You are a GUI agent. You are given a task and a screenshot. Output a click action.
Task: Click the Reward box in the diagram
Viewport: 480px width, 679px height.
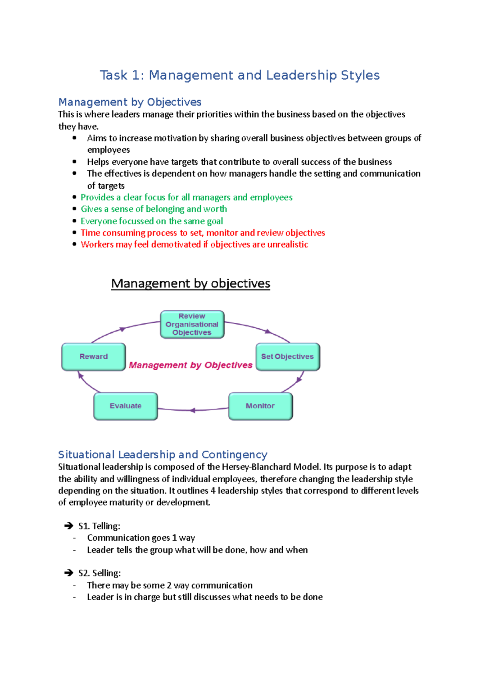[x=93, y=356]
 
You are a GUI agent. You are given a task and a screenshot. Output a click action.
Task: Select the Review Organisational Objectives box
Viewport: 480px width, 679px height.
[x=192, y=324]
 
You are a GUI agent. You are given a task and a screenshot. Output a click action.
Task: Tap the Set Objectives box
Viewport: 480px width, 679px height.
[x=288, y=356]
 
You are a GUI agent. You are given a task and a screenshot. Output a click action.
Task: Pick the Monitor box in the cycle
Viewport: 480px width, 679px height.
[x=260, y=406]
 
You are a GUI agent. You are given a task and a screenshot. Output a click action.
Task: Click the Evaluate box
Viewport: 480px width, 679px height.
[x=126, y=406]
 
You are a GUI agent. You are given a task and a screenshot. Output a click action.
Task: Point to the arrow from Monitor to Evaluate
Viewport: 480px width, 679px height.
[x=193, y=410]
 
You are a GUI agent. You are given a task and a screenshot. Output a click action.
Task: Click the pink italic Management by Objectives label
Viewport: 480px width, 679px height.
[x=190, y=365]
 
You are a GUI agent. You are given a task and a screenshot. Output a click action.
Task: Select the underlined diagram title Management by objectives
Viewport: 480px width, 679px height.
[x=190, y=284]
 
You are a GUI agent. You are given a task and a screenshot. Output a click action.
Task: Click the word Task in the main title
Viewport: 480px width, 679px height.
[x=114, y=75]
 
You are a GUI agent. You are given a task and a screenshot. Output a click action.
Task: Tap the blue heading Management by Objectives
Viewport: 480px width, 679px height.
[x=130, y=102]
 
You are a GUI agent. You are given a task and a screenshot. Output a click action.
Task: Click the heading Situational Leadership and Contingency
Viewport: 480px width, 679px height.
[x=162, y=455]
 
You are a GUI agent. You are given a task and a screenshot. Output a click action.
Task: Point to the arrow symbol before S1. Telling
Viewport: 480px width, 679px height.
[x=69, y=526]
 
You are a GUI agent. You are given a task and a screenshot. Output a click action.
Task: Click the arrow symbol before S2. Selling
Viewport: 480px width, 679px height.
[x=69, y=573]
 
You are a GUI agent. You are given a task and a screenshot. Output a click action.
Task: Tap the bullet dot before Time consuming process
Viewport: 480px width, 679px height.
[x=74, y=233]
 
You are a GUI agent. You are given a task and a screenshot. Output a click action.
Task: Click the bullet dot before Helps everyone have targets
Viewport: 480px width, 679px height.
[x=74, y=162]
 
